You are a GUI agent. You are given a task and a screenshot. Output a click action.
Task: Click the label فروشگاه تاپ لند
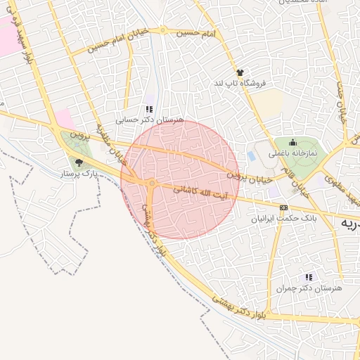coord(241,83)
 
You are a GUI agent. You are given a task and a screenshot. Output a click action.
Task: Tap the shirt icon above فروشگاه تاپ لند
coord(240,72)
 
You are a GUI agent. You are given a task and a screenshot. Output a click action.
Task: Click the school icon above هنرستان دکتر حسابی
coord(148,109)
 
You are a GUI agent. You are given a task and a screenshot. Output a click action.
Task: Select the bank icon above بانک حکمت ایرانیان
coord(283,208)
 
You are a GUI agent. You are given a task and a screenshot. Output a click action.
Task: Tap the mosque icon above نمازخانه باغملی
coord(293,142)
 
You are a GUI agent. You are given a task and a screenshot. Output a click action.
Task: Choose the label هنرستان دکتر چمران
coord(309,288)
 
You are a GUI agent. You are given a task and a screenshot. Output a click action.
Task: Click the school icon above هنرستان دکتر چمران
coord(309,277)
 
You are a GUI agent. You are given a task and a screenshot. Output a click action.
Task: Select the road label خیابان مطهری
coord(115,144)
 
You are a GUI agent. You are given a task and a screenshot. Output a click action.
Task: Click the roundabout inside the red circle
coord(152,184)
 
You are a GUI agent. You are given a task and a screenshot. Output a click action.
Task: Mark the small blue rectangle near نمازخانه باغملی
coord(252,156)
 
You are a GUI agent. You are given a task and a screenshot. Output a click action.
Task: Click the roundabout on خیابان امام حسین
coord(162,30)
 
